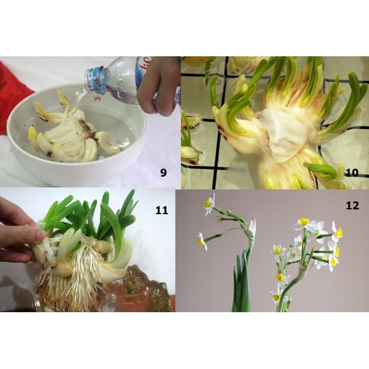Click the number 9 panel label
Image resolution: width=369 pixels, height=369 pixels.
[x=163, y=172]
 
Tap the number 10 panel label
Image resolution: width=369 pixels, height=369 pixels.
[x=351, y=172]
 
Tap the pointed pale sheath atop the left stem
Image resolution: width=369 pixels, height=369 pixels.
[x=252, y=225]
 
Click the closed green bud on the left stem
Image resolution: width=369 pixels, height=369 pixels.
[x=219, y=219]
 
